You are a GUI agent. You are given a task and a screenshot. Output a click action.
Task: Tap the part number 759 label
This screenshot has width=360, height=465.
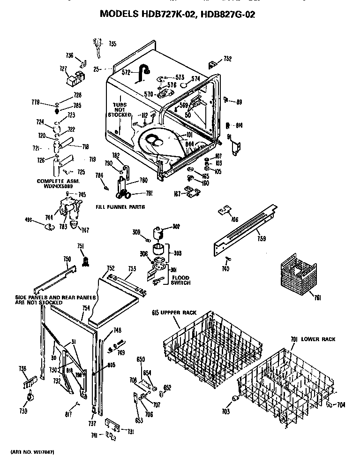(262, 239)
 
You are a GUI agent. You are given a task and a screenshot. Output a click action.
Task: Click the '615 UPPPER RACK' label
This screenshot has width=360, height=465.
(174, 313)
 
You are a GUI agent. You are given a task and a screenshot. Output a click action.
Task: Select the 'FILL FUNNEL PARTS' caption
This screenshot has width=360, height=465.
(120, 206)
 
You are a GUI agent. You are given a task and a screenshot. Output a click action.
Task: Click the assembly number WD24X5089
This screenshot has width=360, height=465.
(58, 185)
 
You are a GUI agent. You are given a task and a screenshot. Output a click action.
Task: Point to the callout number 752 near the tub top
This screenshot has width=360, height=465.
(227, 59)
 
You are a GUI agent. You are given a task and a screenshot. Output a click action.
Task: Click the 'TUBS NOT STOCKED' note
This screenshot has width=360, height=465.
(120, 110)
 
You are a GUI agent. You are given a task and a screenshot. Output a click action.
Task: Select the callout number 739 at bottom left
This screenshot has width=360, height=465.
(23, 411)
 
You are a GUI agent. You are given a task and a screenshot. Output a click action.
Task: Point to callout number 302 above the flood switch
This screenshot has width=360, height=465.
(176, 226)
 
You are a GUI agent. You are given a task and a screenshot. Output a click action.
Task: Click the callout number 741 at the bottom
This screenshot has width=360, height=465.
(95, 435)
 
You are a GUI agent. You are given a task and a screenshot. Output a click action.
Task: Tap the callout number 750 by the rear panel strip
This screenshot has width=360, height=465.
(67, 259)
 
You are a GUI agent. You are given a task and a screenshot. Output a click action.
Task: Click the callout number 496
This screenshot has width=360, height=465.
(29, 219)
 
